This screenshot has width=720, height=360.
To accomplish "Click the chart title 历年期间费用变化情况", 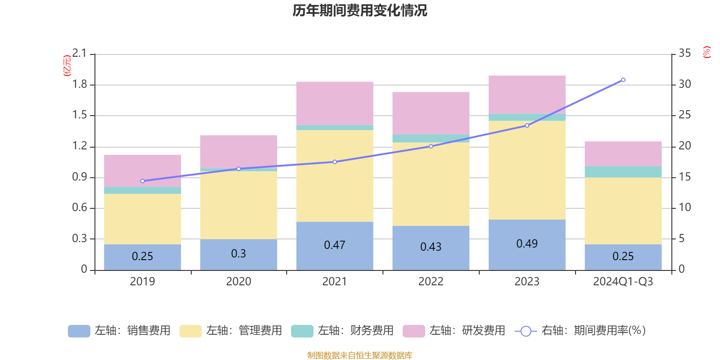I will (x=360, y=10).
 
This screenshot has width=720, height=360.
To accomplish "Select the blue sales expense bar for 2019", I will (x=142, y=257).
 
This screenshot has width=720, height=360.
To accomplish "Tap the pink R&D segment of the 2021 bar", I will (x=334, y=103).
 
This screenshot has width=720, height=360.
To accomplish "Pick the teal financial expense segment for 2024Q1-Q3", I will (x=623, y=172).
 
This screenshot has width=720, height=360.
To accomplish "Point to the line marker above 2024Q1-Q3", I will (x=623, y=80).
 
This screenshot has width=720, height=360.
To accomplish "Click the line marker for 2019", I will (x=143, y=181).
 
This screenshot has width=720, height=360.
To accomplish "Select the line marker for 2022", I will (x=431, y=146).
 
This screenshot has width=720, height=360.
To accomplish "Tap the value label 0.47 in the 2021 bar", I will (x=334, y=245).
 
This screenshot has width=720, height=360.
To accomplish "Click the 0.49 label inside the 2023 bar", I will (x=526, y=244).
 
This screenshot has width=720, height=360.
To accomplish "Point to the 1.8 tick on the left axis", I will (x=80, y=85).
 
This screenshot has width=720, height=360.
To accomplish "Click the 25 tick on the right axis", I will (x=684, y=115).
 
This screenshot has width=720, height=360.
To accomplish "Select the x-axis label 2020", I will (x=238, y=282).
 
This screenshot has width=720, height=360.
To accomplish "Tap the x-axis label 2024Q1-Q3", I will (x=623, y=282).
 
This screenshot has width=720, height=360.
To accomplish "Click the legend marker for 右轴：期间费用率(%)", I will (x=526, y=331).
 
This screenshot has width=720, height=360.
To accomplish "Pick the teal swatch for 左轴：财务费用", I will (x=302, y=331).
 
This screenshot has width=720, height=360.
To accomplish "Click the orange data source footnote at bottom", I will (x=360, y=355).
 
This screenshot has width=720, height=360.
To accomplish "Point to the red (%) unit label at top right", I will (x=706, y=52).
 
